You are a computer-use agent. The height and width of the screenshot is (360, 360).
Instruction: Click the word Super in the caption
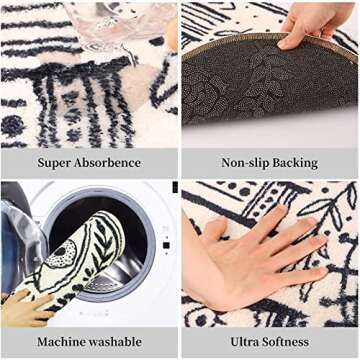coord(54,163)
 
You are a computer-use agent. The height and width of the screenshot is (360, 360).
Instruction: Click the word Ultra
coord(244,342)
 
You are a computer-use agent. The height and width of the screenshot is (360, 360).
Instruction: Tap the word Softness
coord(285,342)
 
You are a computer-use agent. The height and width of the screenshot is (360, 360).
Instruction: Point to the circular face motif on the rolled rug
coord(61,254)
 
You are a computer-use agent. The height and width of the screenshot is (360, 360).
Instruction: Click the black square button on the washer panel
coord(165,246)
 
